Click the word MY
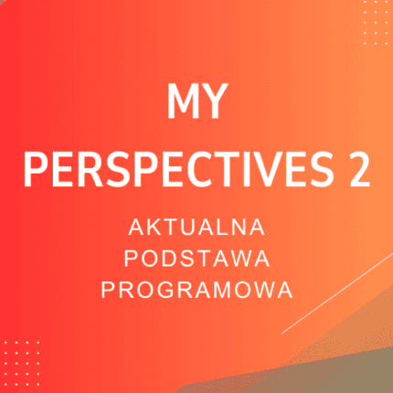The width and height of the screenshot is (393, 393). click(196, 104)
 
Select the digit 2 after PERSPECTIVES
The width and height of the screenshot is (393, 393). click(357, 168)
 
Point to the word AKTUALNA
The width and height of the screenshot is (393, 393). click(196, 225)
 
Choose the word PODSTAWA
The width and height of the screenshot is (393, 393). click(196, 257)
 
